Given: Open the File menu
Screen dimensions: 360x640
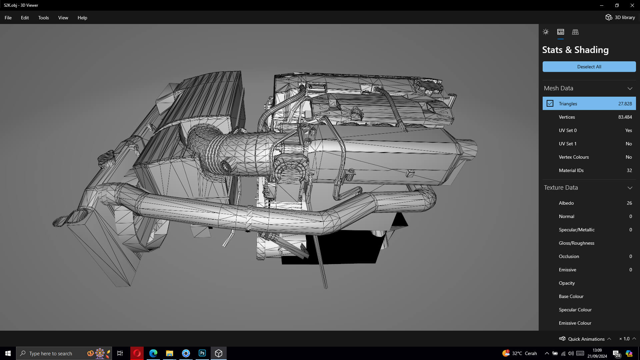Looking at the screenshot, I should click(x=8, y=18).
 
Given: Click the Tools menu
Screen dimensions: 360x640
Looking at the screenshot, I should click(x=43, y=18).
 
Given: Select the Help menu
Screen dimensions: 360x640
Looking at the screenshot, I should click(x=82, y=18).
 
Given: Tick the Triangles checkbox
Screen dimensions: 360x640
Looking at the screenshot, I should click(x=550, y=104).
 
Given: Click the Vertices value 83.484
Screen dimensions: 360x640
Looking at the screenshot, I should click(x=625, y=117).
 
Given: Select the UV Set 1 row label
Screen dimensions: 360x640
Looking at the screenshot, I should click(x=567, y=144).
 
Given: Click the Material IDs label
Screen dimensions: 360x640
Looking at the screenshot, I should click(x=571, y=170).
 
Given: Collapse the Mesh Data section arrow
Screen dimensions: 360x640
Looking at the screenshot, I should click(x=630, y=88).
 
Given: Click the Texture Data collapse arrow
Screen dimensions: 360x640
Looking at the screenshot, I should click(x=630, y=188).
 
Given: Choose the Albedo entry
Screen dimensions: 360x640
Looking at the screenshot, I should click(x=566, y=203).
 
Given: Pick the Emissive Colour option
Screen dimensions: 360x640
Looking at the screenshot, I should click(x=575, y=323).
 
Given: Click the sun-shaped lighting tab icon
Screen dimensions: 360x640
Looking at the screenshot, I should click(x=546, y=32).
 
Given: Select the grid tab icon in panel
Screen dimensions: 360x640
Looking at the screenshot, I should click(x=575, y=32).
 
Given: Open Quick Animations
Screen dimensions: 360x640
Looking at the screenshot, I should click(x=586, y=339).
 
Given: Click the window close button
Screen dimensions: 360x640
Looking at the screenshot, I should click(x=632, y=5).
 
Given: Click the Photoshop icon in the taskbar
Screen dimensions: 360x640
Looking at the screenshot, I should click(x=202, y=353).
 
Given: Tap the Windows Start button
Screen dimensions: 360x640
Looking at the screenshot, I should click(x=8, y=353).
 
